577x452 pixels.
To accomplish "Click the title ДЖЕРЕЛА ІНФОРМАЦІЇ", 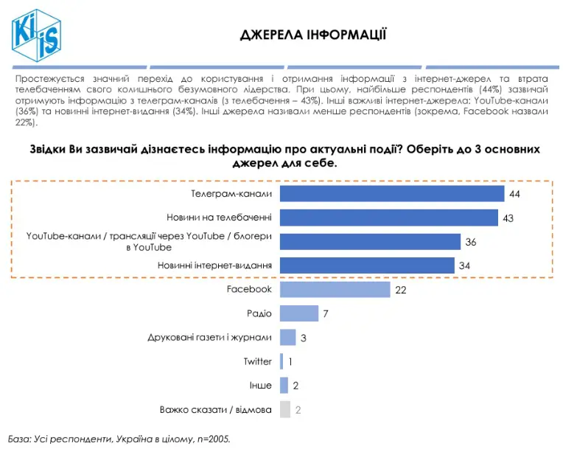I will pos(313,35).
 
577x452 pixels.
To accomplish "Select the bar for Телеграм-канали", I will pos(392,194).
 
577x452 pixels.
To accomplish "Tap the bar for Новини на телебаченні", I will pos(389,218).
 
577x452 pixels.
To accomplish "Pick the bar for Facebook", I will pos(335,290).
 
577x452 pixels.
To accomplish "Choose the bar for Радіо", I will pos(299,313).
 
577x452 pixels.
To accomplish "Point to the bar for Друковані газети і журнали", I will pos(288,338).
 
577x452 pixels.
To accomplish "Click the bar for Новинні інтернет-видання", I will pos(367,265).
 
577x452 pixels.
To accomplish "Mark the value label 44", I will pos(515,194).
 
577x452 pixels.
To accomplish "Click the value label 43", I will pos(508,218).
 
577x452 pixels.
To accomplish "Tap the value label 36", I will pos(471,242).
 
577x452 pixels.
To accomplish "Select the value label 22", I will pos(401,291).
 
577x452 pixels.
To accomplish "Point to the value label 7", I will pos(325,314).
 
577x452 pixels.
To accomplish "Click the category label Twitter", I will pos(258,361).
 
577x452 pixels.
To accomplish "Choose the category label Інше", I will pos(261,385).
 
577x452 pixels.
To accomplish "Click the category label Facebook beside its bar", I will pos(249,290).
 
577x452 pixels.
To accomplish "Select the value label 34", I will pos(464,265).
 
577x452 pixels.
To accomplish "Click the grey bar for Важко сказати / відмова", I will pos(285,409).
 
